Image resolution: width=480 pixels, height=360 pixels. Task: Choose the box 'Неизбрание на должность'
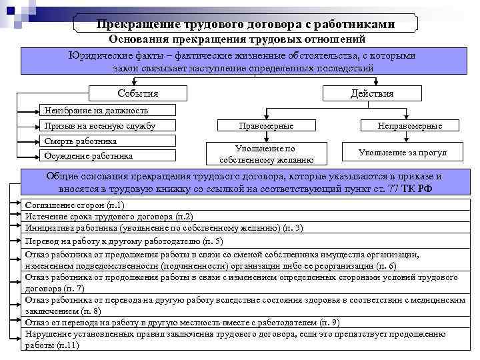107,110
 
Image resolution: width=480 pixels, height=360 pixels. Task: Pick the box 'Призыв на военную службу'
107,125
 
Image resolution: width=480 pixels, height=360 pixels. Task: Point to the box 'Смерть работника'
107,141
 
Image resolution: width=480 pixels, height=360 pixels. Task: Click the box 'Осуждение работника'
107,156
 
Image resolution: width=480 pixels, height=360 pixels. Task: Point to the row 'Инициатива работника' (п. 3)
163,228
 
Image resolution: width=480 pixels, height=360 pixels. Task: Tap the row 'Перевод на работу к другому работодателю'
124,241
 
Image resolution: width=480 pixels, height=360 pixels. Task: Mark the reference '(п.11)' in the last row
68,345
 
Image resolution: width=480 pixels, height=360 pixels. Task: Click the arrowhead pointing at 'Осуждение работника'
37,156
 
